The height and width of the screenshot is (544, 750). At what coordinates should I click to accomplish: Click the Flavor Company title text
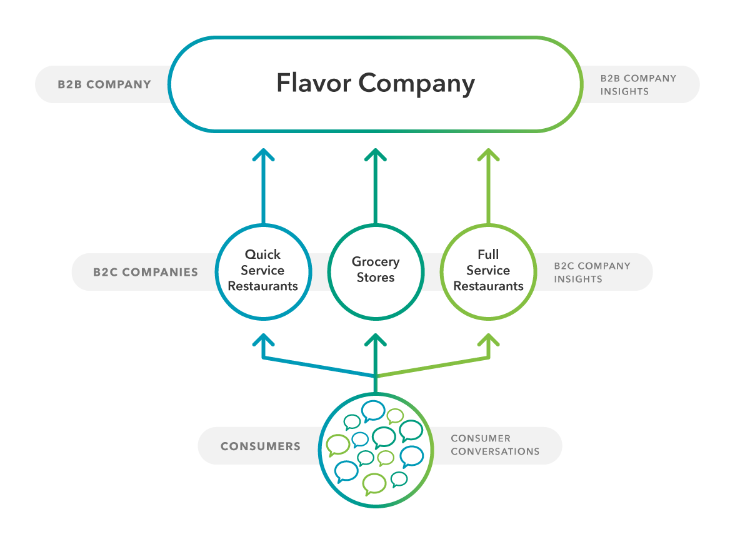[376, 84]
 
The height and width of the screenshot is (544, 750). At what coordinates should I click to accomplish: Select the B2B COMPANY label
[104, 84]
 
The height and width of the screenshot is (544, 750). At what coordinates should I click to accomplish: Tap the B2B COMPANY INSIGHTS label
[638, 85]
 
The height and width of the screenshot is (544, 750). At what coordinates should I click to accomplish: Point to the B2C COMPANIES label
[146, 273]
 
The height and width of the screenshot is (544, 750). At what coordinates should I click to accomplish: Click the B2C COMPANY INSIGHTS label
[592, 272]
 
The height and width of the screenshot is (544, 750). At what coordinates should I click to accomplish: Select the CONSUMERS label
[260, 446]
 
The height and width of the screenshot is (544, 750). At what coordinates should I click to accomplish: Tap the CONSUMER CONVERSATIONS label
[495, 445]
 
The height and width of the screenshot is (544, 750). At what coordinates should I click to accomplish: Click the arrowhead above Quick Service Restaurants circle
[263, 156]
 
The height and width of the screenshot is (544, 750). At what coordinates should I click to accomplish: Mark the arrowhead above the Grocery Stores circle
[376, 156]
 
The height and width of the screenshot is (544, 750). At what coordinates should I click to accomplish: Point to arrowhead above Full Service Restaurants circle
[488, 156]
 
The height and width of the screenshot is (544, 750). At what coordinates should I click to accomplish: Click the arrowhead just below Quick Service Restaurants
[263, 340]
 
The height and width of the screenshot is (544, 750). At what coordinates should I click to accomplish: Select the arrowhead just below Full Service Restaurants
[488, 340]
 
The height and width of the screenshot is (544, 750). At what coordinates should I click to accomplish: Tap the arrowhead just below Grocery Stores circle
[376, 340]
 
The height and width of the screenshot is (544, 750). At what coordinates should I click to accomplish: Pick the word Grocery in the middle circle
[376, 262]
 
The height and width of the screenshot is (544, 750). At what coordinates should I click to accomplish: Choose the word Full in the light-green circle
[488, 254]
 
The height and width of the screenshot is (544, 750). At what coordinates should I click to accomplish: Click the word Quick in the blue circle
[263, 254]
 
